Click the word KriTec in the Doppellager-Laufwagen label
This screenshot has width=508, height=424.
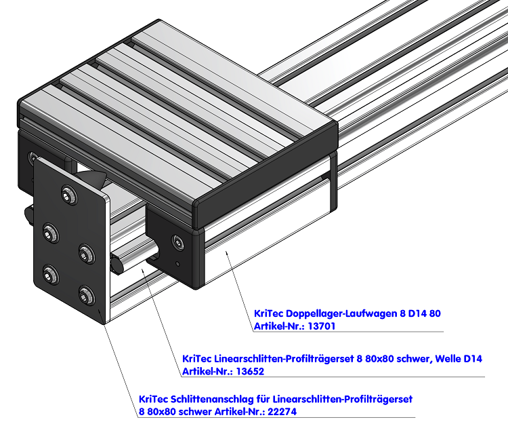point(269,313)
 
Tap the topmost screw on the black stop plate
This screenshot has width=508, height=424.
point(68,193)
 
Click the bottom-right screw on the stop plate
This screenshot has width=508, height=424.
point(85,295)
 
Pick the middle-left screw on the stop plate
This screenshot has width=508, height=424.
point(50,232)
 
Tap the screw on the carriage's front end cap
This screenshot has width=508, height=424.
point(177,241)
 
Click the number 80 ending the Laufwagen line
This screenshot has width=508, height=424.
point(435,313)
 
